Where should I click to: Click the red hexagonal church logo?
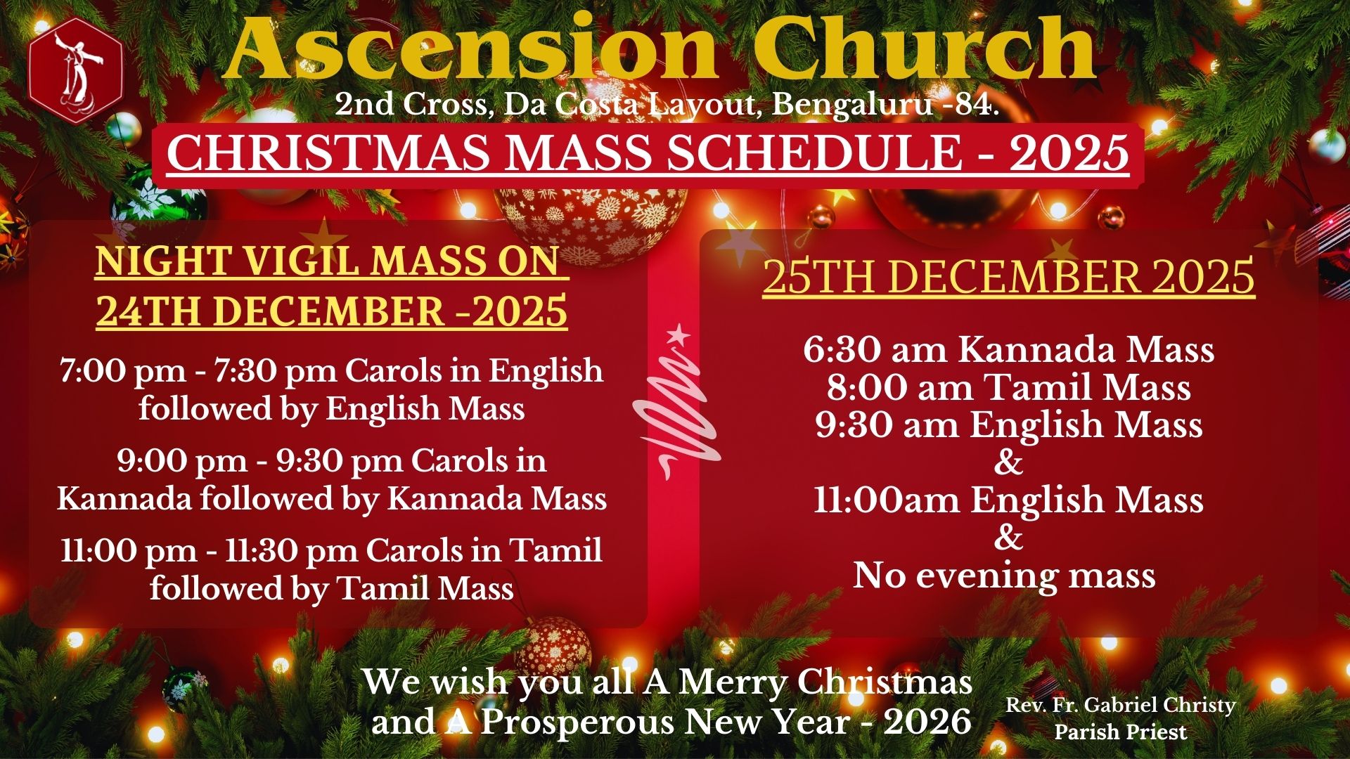tap(76, 71)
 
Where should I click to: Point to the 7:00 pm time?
tap(123, 371)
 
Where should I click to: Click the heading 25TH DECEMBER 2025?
tap(1009, 277)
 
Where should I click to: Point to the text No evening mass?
tap(1005, 576)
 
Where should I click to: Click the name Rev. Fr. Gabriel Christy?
tap(1121, 705)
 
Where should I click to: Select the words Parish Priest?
tap(1121, 732)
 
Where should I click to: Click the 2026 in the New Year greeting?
tap(927, 722)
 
